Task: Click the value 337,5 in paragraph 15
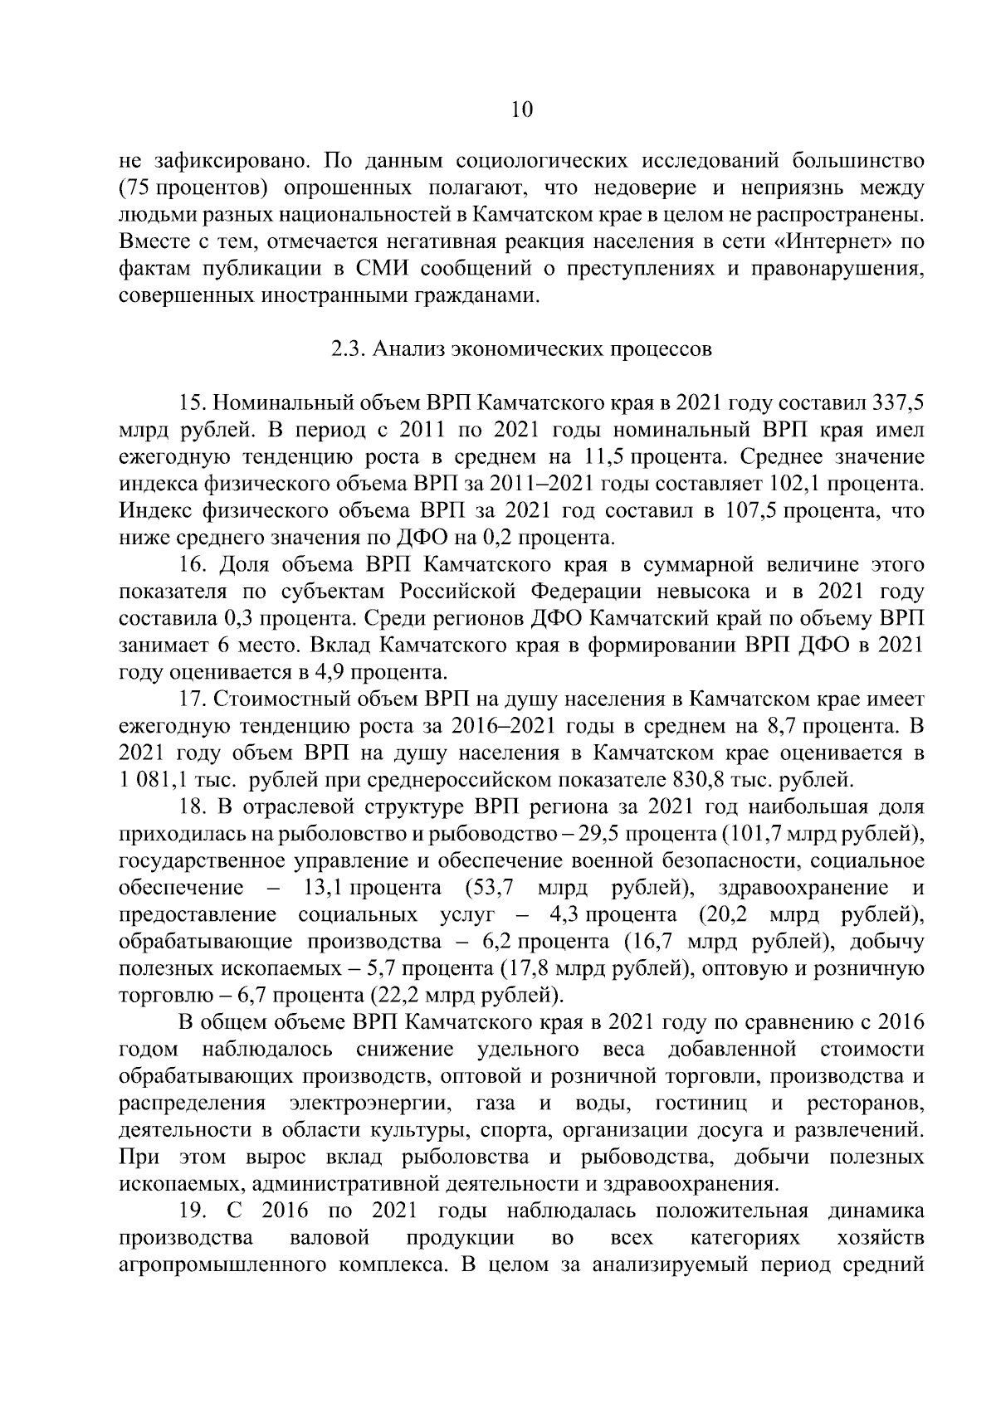point(898,404)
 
